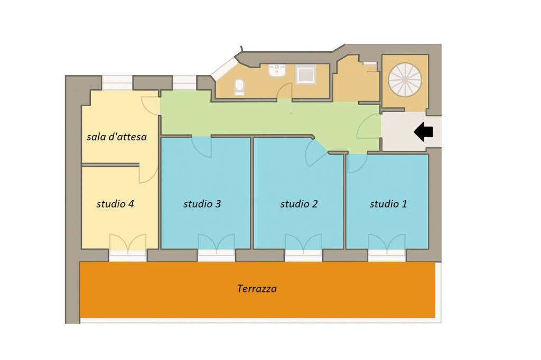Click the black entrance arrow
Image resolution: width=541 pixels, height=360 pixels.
(423, 132)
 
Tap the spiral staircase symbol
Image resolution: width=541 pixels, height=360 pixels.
(405, 80)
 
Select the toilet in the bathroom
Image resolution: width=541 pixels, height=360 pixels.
(239, 87)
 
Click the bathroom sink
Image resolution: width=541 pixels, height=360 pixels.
(277, 70)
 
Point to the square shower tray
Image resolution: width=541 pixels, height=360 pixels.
(306, 75)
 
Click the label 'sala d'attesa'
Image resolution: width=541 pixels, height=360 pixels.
(117, 137)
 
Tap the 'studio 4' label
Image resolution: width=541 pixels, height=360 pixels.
(115, 204)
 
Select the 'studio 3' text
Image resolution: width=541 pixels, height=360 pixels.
(202, 204)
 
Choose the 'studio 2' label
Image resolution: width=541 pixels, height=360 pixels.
(299, 204)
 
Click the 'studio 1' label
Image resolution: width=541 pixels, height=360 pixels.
(388, 204)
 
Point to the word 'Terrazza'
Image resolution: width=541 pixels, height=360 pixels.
(257, 288)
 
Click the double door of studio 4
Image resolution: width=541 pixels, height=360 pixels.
(128, 242)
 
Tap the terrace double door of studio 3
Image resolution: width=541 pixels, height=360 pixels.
(216, 242)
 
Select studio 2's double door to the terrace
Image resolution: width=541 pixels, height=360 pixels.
(303, 242)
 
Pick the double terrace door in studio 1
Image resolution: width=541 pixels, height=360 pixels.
(387, 242)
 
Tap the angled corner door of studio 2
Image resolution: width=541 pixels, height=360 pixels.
(315, 154)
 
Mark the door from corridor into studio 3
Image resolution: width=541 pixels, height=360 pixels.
(201, 147)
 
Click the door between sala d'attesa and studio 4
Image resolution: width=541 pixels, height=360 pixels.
(148, 174)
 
